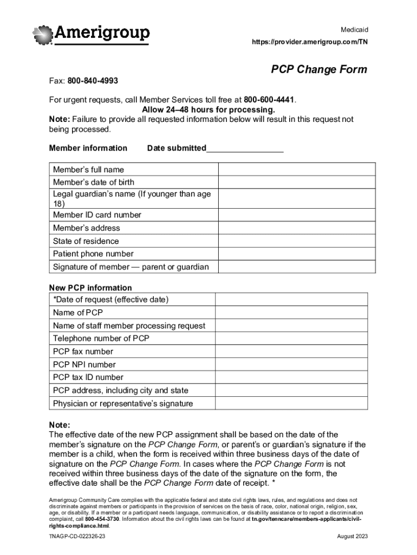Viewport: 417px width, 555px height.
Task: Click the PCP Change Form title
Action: click(x=319, y=69)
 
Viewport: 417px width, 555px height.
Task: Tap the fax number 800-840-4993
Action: click(x=93, y=81)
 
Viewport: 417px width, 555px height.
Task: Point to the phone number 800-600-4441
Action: click(x=269, y=100)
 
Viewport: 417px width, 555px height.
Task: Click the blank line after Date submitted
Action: click(x=245, y=149)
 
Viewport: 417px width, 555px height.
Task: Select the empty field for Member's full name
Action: click(x=296, y=170)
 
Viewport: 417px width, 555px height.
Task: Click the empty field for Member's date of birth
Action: click(x=296, y=182)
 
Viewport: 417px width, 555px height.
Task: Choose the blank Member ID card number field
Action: click(x=296, y=215)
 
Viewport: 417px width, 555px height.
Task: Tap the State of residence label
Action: click(x=86, y=241)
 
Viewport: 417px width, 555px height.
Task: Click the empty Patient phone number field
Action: click(x=296, y=254)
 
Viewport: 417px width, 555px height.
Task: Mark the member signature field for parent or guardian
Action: click(x=296, y=267)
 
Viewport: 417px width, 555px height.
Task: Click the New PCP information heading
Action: click(x=90, y=288)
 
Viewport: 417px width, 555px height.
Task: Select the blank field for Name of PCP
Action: click(x=291, y=313)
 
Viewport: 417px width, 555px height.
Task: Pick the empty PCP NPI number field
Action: click(x=291, y=365)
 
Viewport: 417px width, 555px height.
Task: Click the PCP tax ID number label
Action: click(x=88, y=378)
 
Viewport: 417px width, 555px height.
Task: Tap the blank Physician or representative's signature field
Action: click(x=291, y=404)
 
